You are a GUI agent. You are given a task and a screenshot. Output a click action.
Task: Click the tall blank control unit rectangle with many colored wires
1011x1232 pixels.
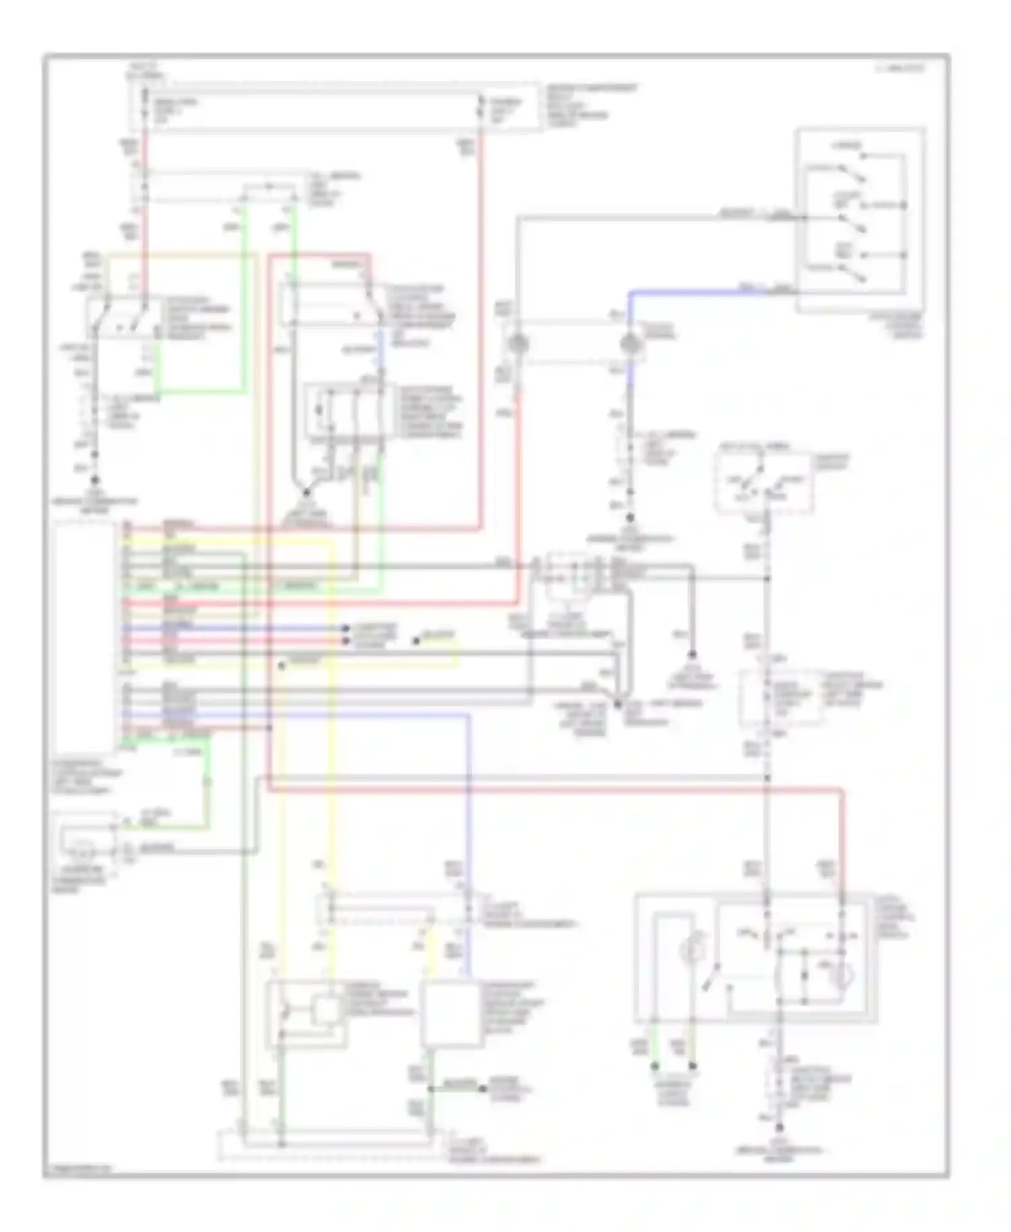(x=85, y=630)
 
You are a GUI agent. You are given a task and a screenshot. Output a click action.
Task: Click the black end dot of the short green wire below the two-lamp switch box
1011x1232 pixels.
(x=654, y=1067)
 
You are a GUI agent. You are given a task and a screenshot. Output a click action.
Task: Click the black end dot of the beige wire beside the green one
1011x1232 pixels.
(x=692, y=1067)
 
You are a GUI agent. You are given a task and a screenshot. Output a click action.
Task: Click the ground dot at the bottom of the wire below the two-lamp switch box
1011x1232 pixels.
(x=779, y=1128)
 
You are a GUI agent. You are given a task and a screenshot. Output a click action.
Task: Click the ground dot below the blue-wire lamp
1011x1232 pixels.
(x=631, y=518)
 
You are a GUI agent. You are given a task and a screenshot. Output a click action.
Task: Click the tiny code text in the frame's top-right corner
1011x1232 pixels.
(x=900, y=68)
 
